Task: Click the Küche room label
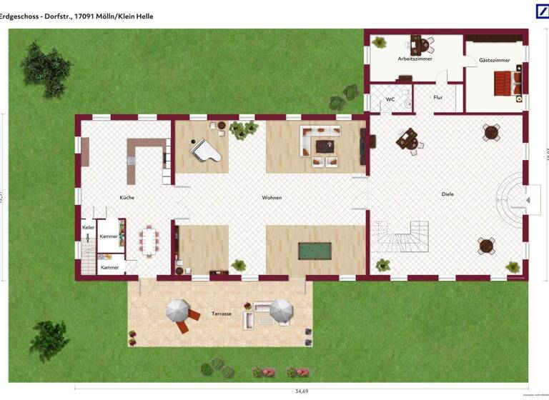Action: click(x=127, y=197)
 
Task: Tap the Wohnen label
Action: click(x=272, y=197)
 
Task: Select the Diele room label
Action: click(x=447, y=194)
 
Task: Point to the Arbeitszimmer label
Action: click(x=415, y=59)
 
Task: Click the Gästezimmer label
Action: click(x=495, y=60)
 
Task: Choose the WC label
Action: click(x=390, y=99)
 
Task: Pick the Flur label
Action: click(x=438, y=98)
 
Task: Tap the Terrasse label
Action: click(x=222, y=314)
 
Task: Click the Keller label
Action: click(x=88, y=227)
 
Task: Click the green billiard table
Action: click(x=315, y=251)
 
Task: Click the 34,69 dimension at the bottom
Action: click(x=302, y=391)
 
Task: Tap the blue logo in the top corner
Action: click(x=542, y=11)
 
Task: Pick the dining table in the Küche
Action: click(x=149, y=240)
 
